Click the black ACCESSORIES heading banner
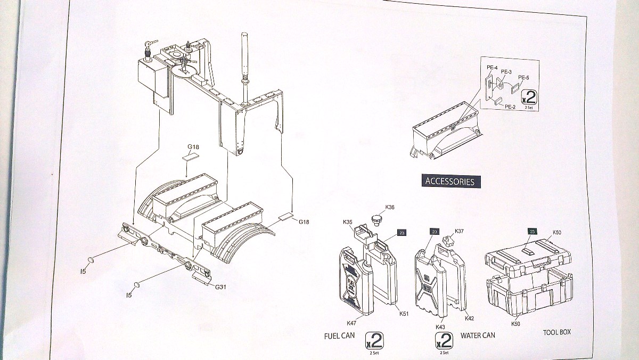click(x=449, y=181)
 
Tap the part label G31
click(x=221, y=287)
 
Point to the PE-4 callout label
click(x=491, y=68)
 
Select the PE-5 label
click(x=523, y=78)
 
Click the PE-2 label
click(x=510, y=107)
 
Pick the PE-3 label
click(x=506, y=72)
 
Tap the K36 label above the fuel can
click(x=390, y=207)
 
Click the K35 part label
click(x=348, y=222)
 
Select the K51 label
click(x=404, y=314)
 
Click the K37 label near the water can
click(x=459, y=231)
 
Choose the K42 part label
click(x=469, y=318)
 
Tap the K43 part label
click(x=440, y=326)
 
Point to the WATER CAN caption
click(x=478, y=335)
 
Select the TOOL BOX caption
click(x=556, y=332)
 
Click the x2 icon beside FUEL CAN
click(x=374, y=339)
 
